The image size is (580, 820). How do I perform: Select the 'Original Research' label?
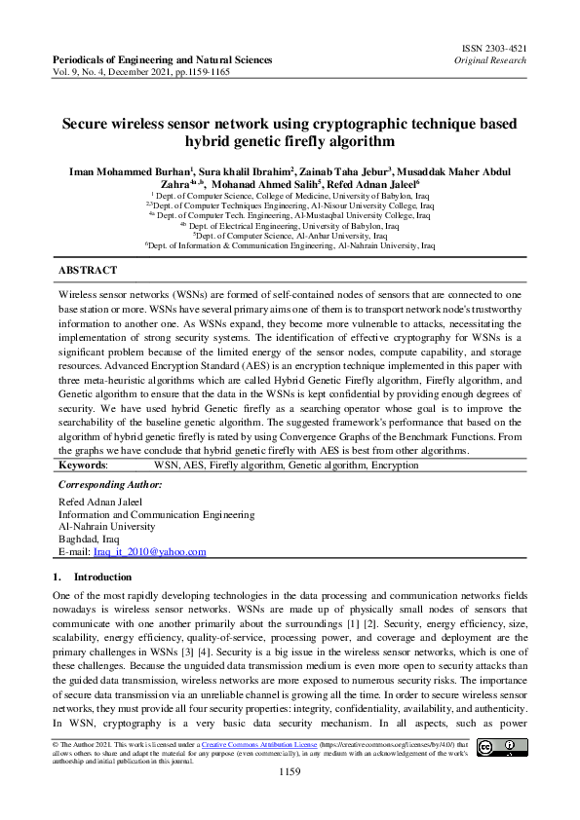[x=491, y=59]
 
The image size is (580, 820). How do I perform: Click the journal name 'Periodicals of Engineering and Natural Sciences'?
[x=162, y=60]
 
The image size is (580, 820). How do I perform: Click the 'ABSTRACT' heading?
[x=88, y=270]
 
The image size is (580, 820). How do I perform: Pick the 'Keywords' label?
[x=83, y=466]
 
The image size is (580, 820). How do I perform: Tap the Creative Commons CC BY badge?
[x=501, y=747]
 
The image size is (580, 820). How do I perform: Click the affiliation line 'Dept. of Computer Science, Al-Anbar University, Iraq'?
[x=290, y=236]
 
